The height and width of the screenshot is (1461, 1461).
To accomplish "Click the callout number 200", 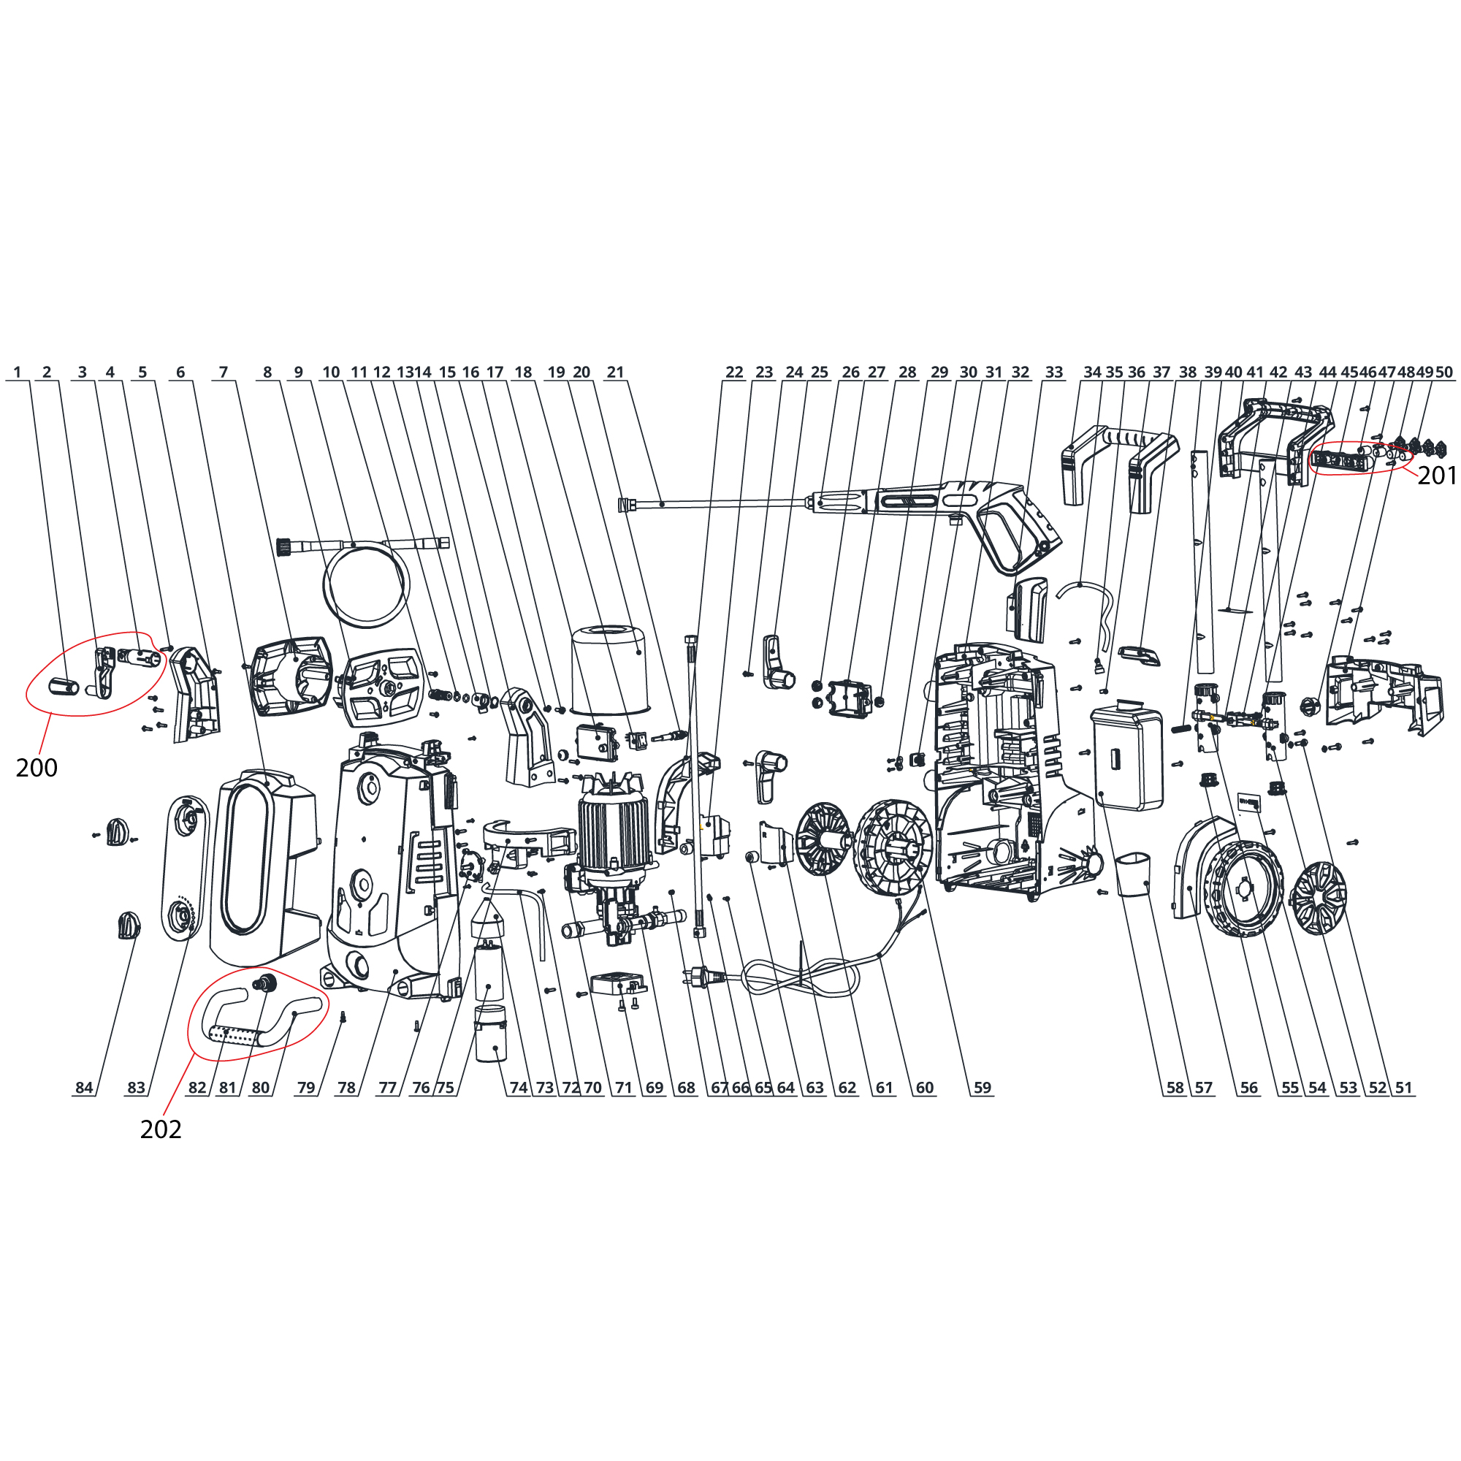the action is pyautogui.click(x=37, y=768).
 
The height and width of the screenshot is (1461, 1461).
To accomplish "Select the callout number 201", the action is pyautogui.click(x=1436, y=475).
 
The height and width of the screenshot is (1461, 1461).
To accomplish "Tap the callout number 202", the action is pyautogui.click(x=161, y=1129).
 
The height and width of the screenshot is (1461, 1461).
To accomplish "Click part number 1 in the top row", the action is pyautogui.click(x=18, y=372).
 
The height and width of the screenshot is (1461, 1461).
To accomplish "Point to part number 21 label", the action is pyautogui.click(x=616, y=372).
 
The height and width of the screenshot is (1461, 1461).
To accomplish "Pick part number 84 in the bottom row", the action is pyautogui.click(x=84, y=1088).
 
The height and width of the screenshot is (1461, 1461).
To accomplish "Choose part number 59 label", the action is pyautogui.click(x=983, y=1088).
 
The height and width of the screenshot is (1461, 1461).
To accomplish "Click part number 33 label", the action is pyautogui.click(x=1054, y=372).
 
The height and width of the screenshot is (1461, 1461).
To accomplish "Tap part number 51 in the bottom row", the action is pyautogui.click(x=1403, y=1088).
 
